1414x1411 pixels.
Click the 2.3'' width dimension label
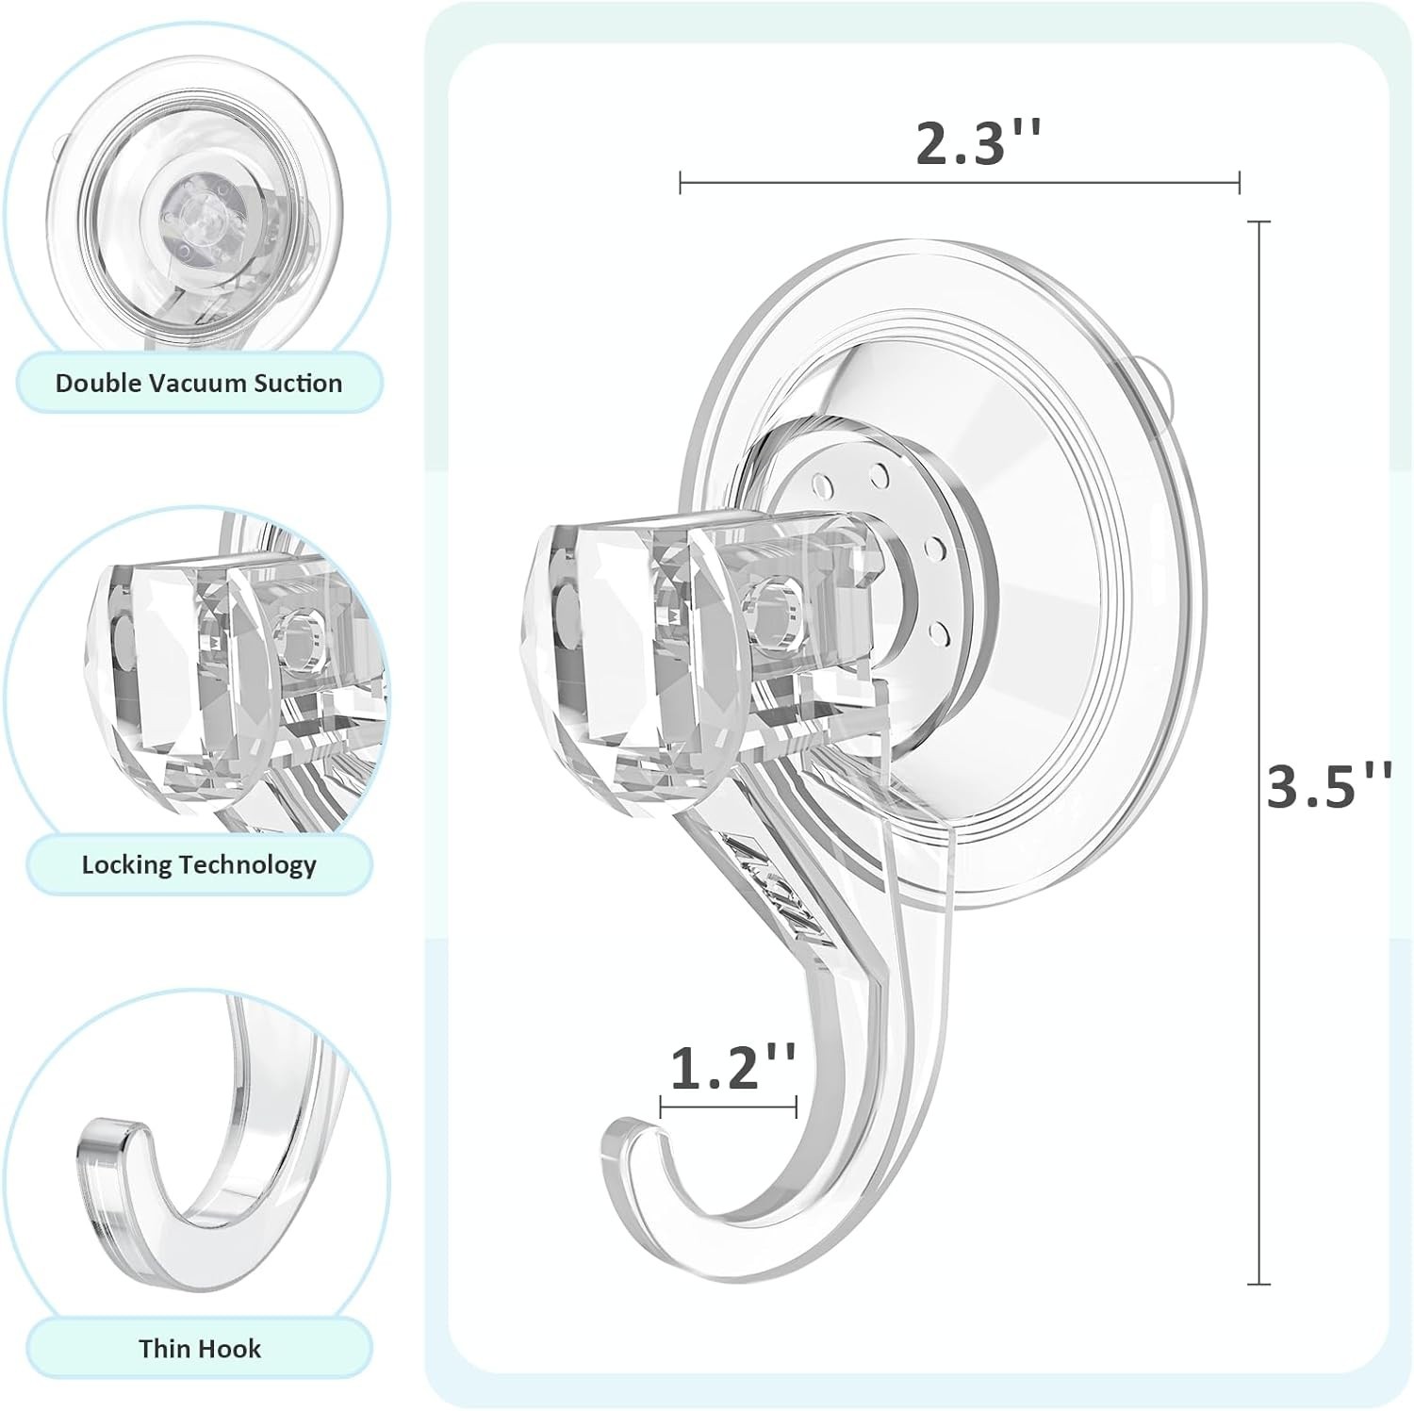[x=978, y=144]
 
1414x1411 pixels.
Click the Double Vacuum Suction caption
[x=199, y=383]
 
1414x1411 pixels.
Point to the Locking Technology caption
[x=199, y=864]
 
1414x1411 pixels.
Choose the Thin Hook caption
[x=199, y=1348]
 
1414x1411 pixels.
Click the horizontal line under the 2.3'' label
[x=960, y=183]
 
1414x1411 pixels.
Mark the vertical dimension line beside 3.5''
[x=1258, y=754]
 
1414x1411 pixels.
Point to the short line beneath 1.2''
[x=729, y=1108]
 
